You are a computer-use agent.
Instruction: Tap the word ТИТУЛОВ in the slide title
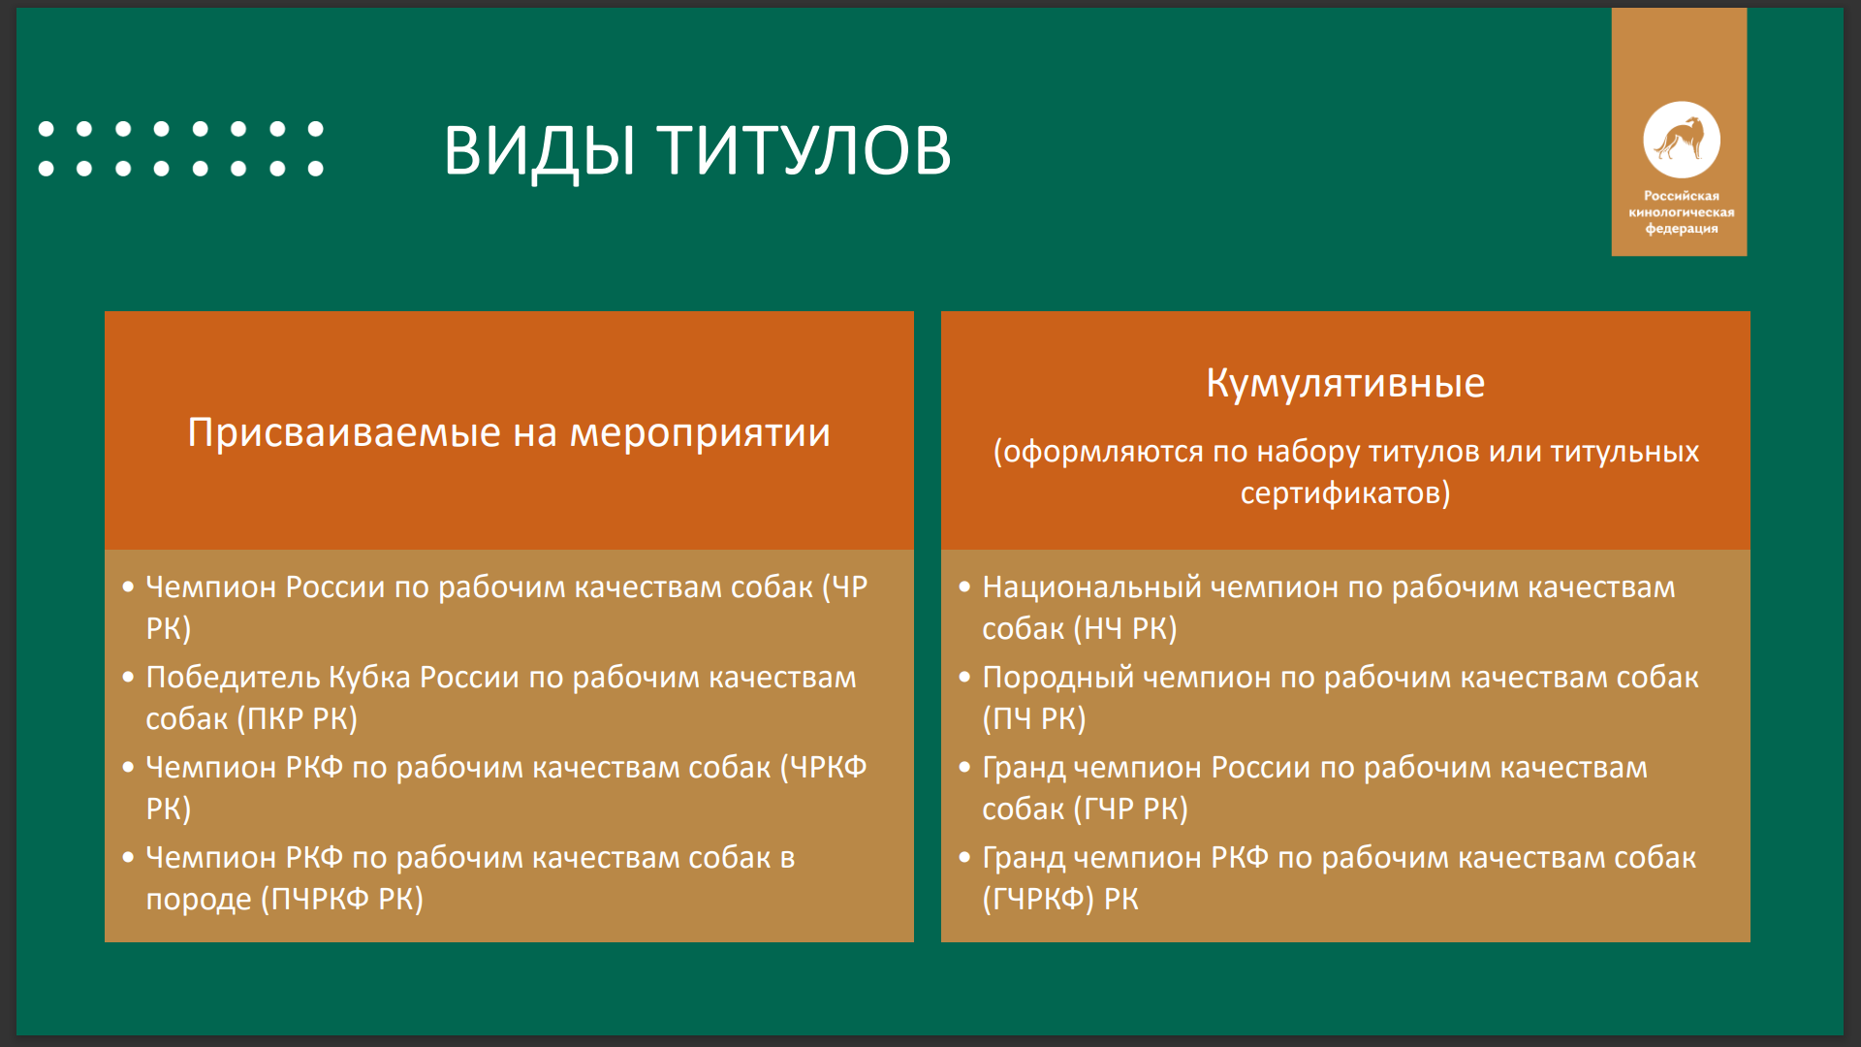click(804, 150)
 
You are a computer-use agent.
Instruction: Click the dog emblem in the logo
click(1682, 140)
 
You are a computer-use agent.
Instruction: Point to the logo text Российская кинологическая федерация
click(1682, 212)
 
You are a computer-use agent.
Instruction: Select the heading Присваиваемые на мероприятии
click(509, 432)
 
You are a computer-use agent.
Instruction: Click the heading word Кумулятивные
click(1345, 383)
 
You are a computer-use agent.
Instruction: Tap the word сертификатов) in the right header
click(1345, 493)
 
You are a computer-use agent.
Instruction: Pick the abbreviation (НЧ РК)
click(1125, 629)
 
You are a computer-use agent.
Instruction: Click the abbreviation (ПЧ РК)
click(1034, 719)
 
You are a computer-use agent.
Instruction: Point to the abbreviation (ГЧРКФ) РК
click(1060, 900)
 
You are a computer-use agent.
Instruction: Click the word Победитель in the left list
click(233, 677)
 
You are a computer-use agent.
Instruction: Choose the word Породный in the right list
click(1057, 678)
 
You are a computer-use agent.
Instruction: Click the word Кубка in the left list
click(369, 677)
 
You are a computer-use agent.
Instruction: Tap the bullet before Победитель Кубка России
click(128, 677)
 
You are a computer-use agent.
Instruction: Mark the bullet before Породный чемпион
click(964, 677)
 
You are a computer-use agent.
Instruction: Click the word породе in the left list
click(199, 901)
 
